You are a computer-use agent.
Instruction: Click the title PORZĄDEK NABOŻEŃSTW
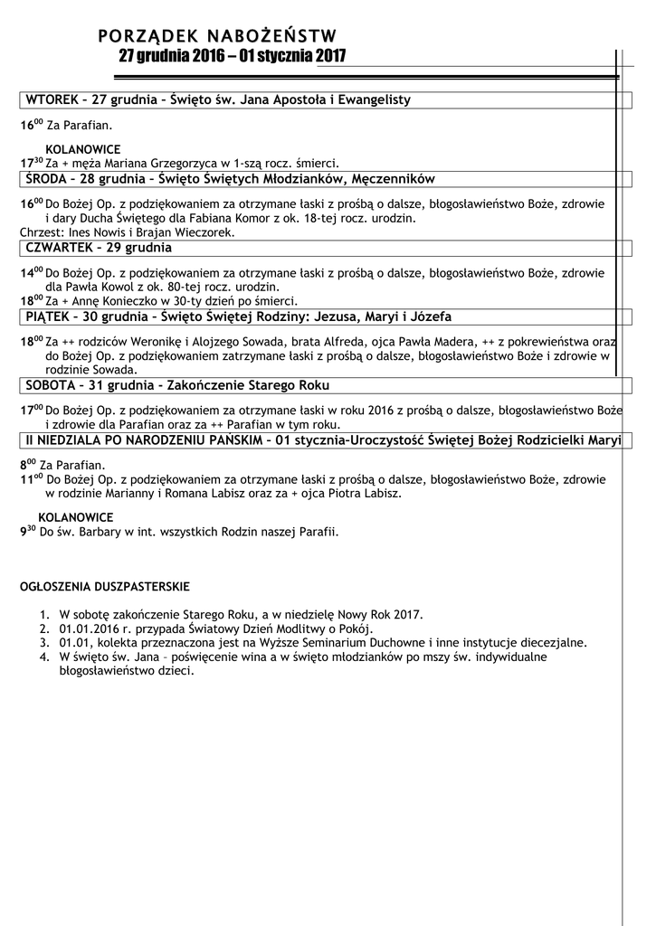[217, 37]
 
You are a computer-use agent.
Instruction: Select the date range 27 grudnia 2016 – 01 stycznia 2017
[232, 57]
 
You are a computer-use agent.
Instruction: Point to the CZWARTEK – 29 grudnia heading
[99, 247]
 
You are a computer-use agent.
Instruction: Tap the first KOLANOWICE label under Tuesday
[82, 148]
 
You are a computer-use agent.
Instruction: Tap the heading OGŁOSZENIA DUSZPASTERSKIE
[105, 586]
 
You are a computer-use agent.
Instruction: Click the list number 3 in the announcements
[43, 643]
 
